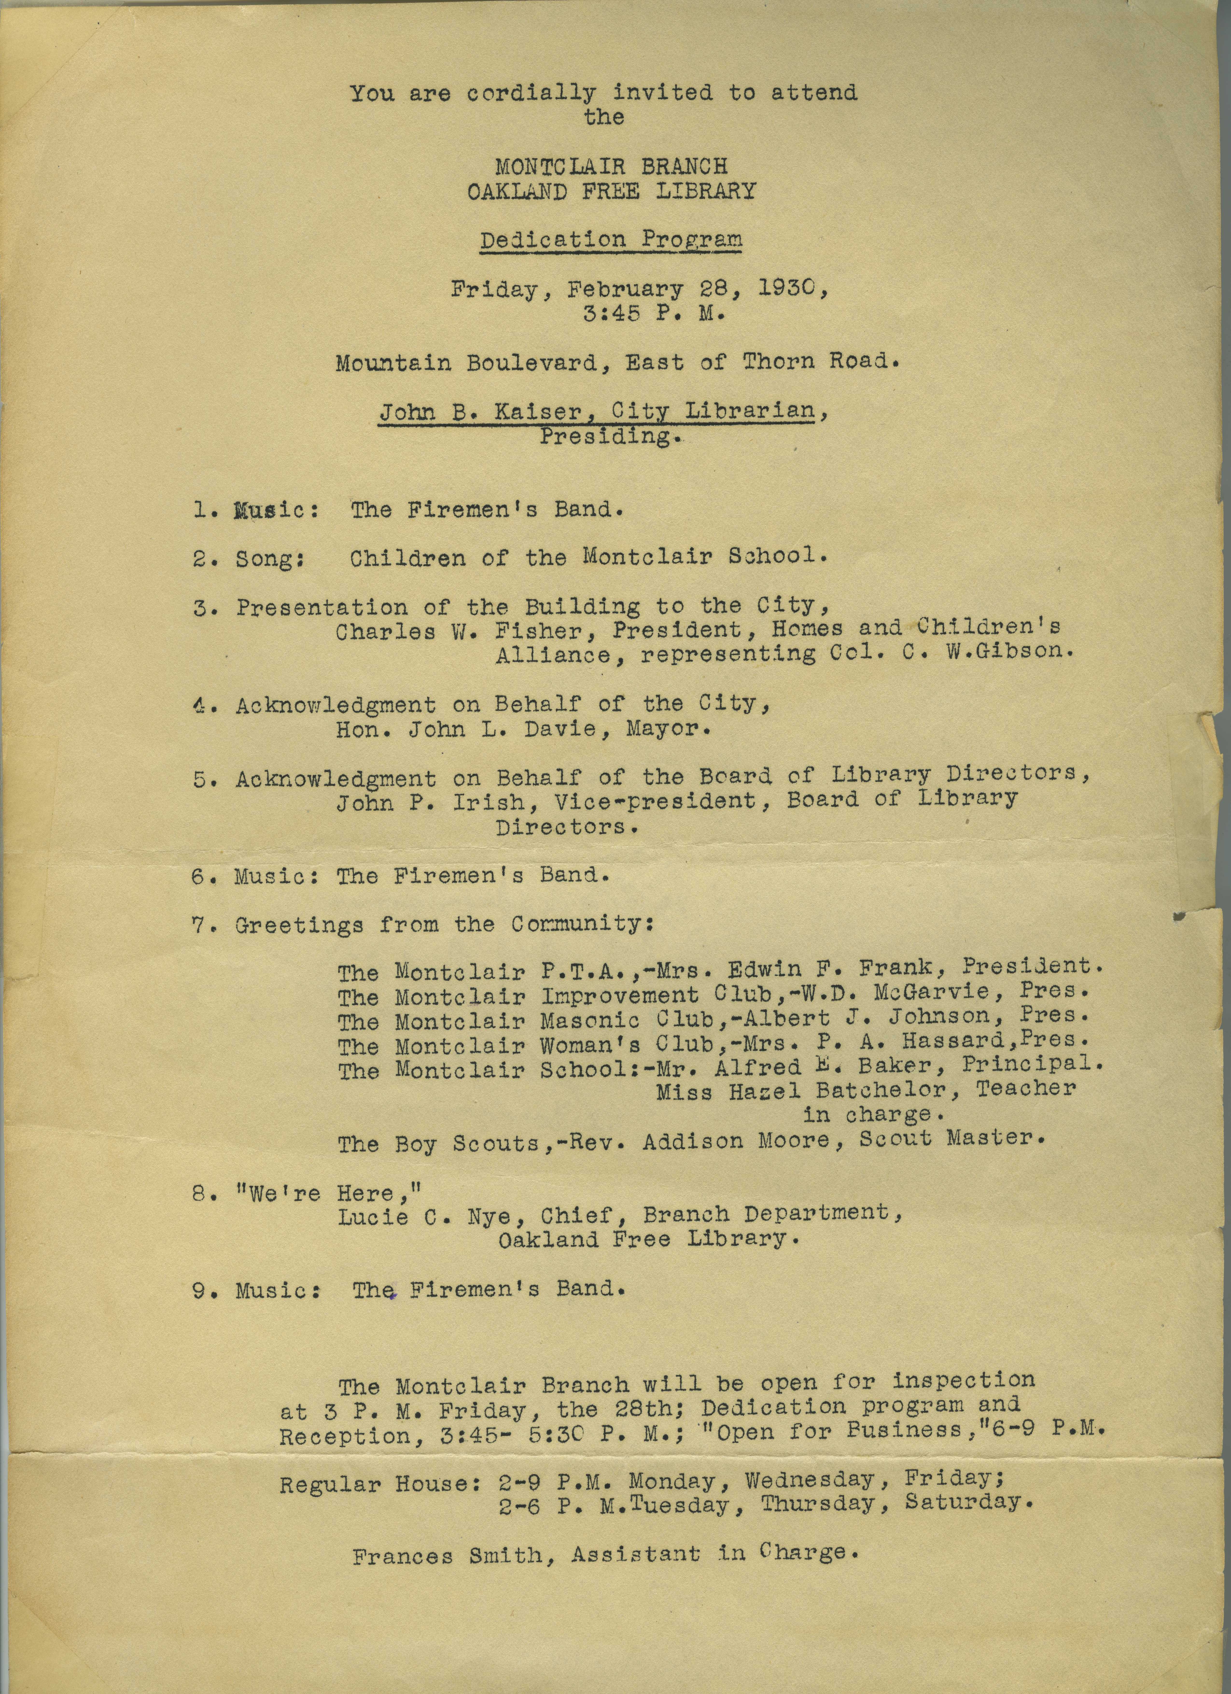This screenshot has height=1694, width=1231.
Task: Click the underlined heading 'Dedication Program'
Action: point(611,241)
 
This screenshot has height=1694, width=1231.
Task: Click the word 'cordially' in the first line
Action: point(531,94)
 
